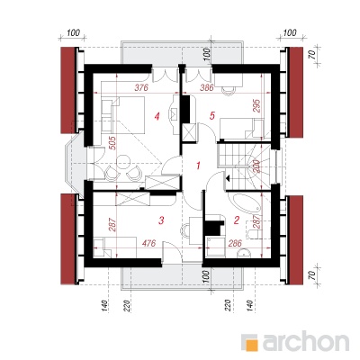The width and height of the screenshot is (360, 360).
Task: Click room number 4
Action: click(x=157, y=116)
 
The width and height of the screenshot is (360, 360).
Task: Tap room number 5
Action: click(x=212, y=115)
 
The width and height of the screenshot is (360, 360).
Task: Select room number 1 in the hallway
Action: click(x=198, y=166)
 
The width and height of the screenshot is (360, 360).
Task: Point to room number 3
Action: click(x=161, y=220)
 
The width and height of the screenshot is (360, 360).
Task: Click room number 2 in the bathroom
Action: click(x=237, y=220)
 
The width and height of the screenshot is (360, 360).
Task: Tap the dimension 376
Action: click(x=141, y=87)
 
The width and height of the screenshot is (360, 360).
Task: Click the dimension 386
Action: click(x=206, y=87)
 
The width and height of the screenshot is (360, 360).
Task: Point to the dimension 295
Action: click(x=257, y=105)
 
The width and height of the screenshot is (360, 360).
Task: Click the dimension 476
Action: click(x=148, y=243)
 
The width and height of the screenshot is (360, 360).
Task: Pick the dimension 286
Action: click(x=235, y=243)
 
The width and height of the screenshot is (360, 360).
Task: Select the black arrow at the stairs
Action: click(x=228, y=179)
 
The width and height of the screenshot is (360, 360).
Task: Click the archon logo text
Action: click(x=306, y=341)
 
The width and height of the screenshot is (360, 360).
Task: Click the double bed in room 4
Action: click(x=123, y=114)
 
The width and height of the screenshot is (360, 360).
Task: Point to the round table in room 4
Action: click(x=122, y=161)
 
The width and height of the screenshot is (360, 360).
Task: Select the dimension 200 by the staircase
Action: click(x=256, y=166)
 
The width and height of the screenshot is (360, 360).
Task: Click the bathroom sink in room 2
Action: click(x=245, y=254)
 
